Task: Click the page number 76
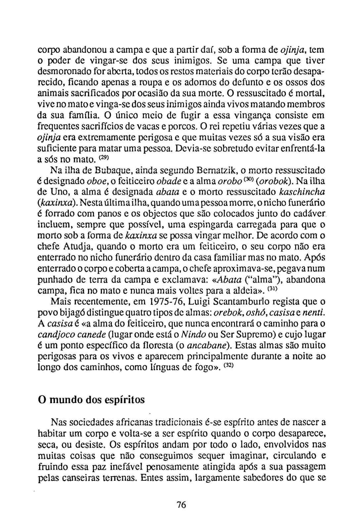tap(182, 505)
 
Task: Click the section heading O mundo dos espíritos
tap(92, 400)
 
